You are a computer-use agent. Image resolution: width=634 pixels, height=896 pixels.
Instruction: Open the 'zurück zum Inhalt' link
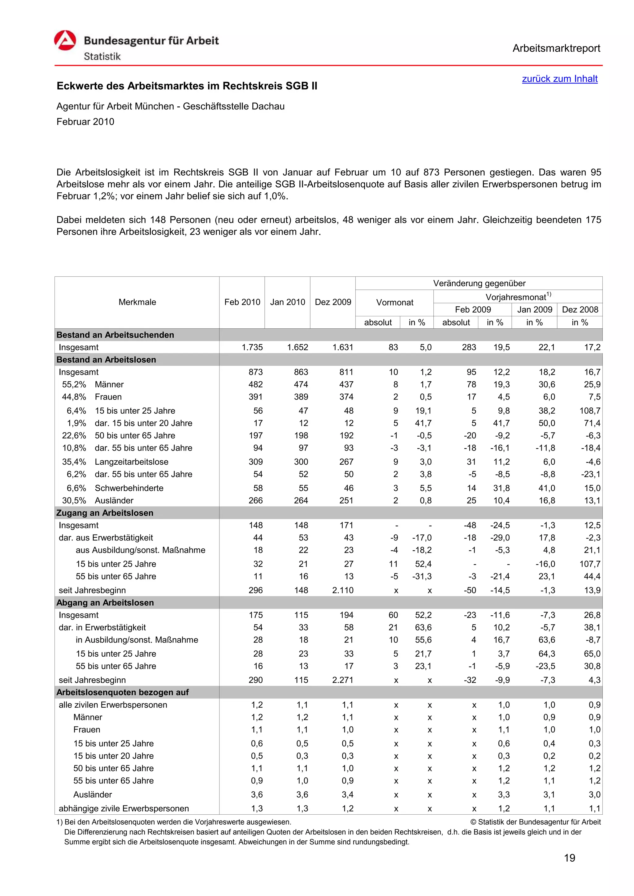pos(559,79)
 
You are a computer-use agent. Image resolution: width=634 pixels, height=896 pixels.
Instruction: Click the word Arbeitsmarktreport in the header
pos(556,49)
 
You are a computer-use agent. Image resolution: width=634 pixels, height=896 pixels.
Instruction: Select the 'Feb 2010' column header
pos(242,302)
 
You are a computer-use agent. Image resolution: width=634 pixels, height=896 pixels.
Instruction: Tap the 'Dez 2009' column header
pos(333,302)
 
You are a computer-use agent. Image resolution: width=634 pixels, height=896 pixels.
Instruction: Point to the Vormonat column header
pos(394,302)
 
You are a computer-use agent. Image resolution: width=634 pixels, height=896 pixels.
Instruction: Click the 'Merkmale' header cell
pos(137,302)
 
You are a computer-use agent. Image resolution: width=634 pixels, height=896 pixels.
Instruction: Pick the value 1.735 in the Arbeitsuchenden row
pos(252,347)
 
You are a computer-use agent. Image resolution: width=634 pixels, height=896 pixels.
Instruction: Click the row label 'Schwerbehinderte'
pos(129,488)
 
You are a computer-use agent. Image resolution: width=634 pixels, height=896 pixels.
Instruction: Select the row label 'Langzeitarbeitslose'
pos(131,462)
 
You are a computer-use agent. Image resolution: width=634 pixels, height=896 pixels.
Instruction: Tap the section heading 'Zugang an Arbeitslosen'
pos(105,513)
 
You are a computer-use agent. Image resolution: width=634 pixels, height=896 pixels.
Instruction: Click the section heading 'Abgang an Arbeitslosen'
pos(105,603)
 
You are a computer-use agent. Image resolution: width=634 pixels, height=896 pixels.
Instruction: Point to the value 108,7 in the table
pos(589,411)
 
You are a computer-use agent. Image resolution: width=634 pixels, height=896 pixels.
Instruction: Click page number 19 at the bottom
pos(569,858)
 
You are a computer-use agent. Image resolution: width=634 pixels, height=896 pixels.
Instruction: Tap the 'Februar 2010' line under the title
pos(85,122)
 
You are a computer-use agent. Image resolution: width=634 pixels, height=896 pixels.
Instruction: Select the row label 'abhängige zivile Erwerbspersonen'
pos(124,808)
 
